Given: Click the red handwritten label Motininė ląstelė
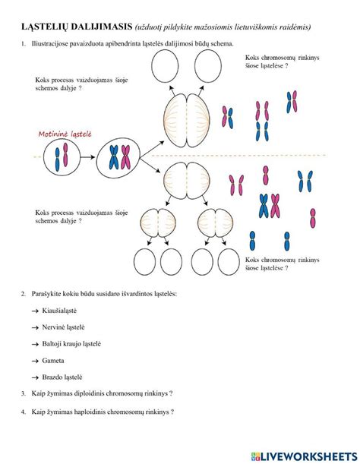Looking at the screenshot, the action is [65, 134].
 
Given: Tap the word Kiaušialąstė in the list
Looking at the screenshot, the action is [59, 311].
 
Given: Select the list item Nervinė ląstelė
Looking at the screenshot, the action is [63, 327].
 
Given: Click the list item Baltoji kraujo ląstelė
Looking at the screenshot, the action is [71, 344].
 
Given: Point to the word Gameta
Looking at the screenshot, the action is [53, 361].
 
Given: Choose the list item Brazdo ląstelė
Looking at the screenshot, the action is [62, 377].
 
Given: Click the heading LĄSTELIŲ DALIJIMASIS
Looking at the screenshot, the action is [77, 27].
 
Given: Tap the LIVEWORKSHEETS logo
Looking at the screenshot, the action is [304, 456].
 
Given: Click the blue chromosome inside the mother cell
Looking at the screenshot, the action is [57, 159].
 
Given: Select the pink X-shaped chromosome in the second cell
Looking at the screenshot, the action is [126, 157].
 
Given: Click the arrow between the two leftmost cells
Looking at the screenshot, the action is [87, 157].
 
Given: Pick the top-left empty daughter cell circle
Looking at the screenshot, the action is [165, 66].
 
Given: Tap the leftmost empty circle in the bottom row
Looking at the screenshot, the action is [145, 261].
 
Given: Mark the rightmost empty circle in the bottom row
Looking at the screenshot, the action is [229, 261].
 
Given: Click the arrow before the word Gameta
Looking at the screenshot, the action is [36, 361].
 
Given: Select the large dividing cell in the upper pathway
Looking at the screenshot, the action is [187, 121].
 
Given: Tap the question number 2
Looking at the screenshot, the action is [24, 294].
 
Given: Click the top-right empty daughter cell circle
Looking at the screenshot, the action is [208, 66].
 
